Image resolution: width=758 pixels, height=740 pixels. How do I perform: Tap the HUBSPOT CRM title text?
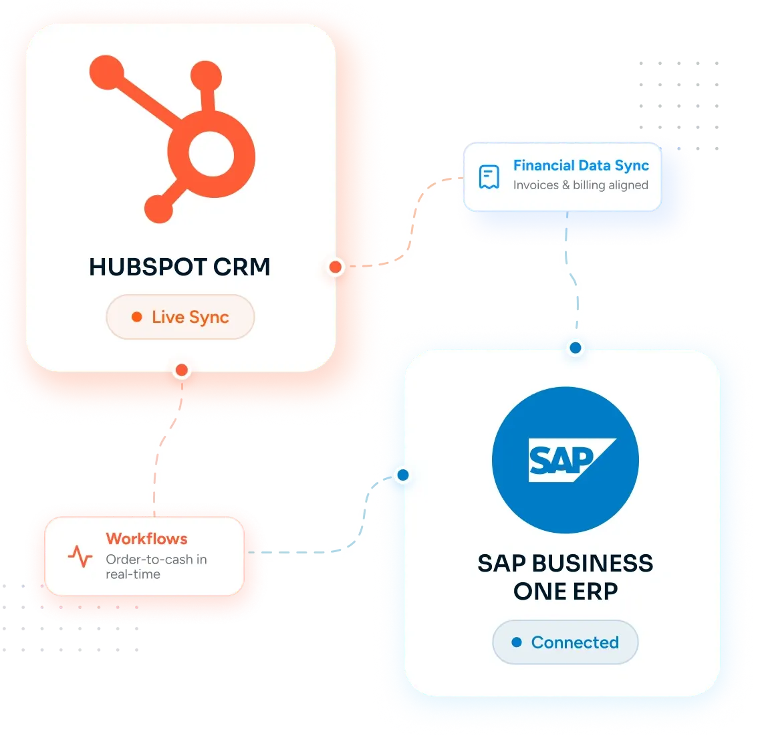click(179, 267)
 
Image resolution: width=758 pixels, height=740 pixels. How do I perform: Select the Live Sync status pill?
click(180, 317)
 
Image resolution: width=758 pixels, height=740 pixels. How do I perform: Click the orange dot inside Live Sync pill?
click(137, 317)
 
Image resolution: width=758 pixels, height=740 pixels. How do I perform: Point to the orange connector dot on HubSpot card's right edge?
click(336, 267)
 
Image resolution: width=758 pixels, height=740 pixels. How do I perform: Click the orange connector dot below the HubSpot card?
click(182, 370)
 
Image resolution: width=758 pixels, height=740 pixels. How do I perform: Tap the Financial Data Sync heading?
click(581, 166)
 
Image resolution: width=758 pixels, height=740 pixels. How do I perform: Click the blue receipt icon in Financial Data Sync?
click(489, 177)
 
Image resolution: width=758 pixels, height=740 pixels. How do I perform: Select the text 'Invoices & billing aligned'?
click(581, 185)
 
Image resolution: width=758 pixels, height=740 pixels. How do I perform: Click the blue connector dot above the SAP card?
click(576, 348)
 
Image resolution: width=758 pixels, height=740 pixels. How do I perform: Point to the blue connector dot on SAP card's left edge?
click(403, 475)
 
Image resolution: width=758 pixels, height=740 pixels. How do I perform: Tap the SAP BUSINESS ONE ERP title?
click(565, 577)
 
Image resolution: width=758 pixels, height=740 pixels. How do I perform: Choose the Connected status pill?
click(565, 642)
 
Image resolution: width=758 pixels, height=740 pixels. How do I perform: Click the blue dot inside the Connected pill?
click(517, 642)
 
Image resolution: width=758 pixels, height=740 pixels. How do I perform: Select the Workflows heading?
click(146, 538)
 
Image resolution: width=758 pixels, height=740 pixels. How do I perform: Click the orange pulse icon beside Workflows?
click(80, 556)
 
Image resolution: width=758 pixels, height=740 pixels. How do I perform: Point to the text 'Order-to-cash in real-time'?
click(156, 566)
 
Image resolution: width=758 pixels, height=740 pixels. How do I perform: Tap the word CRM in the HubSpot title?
click(242, 267)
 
